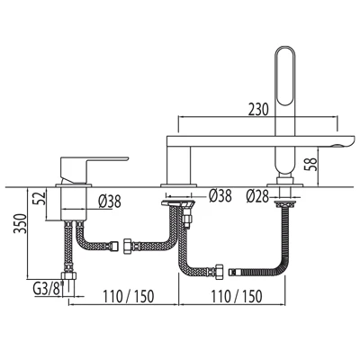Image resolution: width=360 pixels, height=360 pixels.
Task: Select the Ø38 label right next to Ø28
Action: pos(220,193)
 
